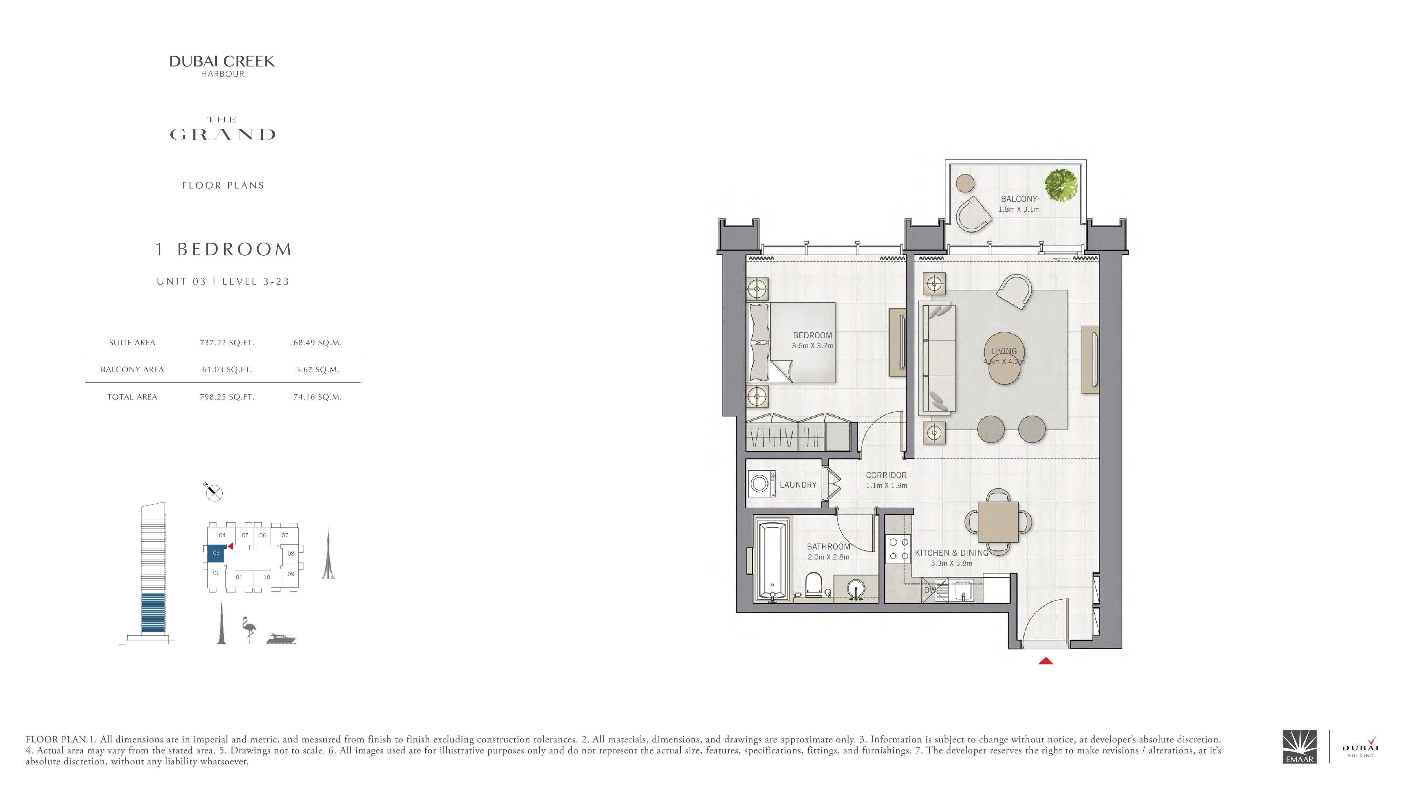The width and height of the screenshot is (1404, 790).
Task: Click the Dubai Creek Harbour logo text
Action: tap(222, 66)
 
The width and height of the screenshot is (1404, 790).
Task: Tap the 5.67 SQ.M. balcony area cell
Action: tap(317, 370)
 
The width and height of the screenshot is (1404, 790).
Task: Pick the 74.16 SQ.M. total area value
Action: tap(317, 397)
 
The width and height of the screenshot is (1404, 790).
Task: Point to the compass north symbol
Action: tap(214, 492)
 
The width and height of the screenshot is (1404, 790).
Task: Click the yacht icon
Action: tap(281, 639)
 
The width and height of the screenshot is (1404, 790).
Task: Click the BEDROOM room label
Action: tap(812, 336)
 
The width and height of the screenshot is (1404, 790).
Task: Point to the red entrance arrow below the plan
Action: tap(1045, 661)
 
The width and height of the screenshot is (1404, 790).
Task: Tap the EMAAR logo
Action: tap(1299, 746)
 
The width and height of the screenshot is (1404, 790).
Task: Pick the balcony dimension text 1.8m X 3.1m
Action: tap(1019, 209)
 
